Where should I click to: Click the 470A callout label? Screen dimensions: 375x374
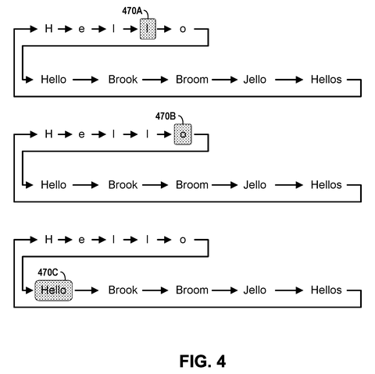pos(132,11)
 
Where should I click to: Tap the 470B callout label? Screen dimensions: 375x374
pos(166,116)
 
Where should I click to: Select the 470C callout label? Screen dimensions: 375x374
pos(48,272)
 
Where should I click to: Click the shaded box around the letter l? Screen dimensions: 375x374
pos(148,29)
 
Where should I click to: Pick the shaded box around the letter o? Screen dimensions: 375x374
pos(183,134)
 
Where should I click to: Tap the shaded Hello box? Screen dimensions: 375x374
pos(54,290)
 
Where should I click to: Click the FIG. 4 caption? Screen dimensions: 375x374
pos(202,362)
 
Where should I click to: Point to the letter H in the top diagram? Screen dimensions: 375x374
pos(48,29)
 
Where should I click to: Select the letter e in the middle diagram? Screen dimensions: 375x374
pos(81,134)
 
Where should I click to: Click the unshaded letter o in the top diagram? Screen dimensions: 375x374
pos(183,29)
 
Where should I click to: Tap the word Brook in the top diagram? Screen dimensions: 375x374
pos(123,80)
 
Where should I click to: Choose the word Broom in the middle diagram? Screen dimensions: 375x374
pos(192,185)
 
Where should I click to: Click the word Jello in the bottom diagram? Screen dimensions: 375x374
pos(255,290)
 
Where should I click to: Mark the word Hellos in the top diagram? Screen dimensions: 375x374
pos(327,80)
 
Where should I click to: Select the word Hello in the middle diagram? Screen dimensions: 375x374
pos(54,185)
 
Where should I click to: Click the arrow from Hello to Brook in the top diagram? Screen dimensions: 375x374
pos(85,80)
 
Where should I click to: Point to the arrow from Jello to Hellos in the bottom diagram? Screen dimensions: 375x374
pos(289,290)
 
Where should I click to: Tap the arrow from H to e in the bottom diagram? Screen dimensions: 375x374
pos(65,240)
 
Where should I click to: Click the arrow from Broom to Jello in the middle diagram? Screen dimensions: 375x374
pos(224,185)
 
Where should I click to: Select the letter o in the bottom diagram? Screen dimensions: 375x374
pos(183,240)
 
